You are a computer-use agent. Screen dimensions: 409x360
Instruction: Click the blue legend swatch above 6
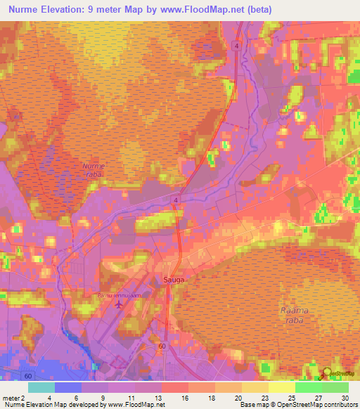click(68, 387)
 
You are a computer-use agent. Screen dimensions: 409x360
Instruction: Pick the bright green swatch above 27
click(309, 387)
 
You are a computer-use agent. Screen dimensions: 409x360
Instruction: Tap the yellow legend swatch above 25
click(282, 387)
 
